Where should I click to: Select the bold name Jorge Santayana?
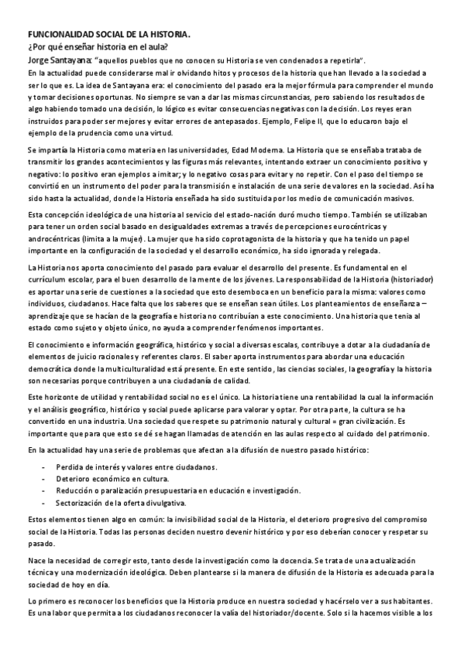click(60, 60)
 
